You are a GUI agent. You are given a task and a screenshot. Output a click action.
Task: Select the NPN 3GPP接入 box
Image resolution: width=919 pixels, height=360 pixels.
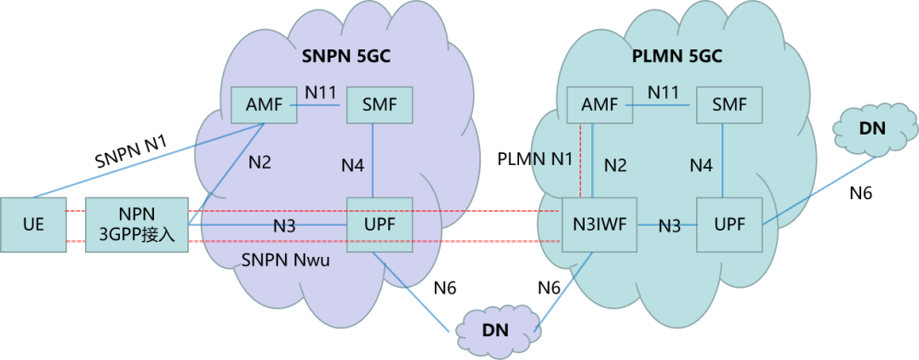coord(137,225)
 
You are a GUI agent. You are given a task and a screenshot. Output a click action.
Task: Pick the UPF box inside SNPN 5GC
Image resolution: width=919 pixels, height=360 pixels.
coord(380,225)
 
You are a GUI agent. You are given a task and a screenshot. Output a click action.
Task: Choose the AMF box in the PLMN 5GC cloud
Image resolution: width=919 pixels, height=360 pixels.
coord(598,106)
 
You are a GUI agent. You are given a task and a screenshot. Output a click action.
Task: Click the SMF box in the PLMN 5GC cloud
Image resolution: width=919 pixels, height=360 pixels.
coord(728,106)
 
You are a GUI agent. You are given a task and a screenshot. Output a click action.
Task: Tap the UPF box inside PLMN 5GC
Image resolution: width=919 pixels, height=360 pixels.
coord(728,225)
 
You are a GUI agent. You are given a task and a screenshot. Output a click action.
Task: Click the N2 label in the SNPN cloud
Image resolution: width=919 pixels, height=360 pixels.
coord(260,162)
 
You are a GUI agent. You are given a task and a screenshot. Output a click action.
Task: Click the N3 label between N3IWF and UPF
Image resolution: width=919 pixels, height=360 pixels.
coord(671,226)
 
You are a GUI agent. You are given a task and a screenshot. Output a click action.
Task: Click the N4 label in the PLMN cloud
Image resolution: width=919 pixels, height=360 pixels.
coord(701,165)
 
